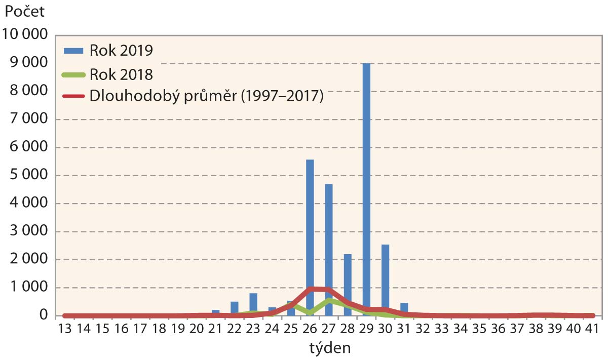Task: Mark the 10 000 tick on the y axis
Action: click(25, 35)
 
